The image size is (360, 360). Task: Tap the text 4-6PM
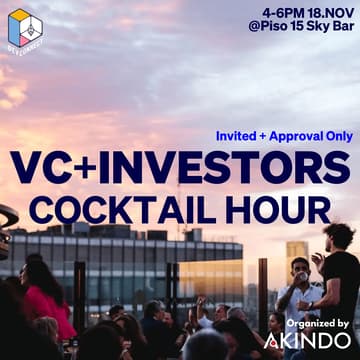[281, 13]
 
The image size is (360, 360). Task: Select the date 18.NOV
[330, 13]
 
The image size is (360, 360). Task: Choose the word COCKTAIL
[124, 210]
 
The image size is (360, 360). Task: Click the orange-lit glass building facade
[210, 275]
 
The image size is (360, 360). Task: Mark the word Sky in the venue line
[318, 31]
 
